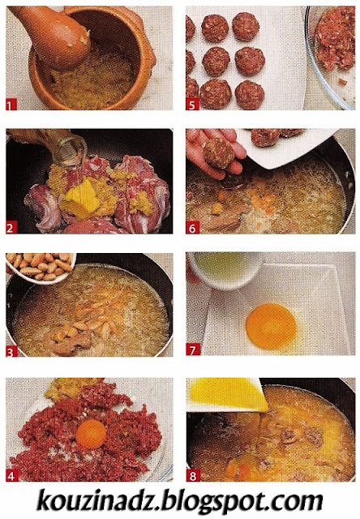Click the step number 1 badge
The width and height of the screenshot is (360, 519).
point(11,105)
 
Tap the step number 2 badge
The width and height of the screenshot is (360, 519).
point(11,228)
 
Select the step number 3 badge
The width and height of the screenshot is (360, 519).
point(11,351)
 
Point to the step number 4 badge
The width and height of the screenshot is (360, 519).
point(11,476)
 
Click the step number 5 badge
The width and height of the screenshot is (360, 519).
point(192,105)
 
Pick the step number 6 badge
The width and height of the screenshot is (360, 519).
point(192,228)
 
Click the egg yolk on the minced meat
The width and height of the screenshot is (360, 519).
point(91,434)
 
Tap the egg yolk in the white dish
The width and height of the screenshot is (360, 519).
point(272,326)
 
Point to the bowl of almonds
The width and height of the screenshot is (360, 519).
point(41,267)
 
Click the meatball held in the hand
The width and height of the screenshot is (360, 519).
point(218,153)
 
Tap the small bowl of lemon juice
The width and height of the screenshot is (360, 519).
point(225,270)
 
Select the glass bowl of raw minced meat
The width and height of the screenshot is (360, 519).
point(332,56)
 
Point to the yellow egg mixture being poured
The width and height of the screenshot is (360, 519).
point(229,395)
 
